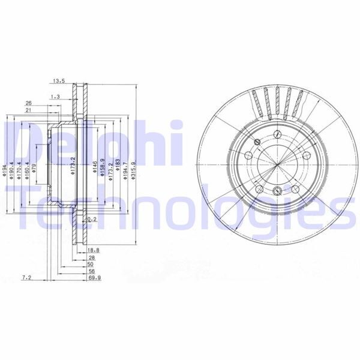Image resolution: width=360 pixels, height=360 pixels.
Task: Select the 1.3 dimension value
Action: pyautogui.click(x=56, y=96)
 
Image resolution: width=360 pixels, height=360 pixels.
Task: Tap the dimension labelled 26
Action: pyautogui.click(x=28, y=103)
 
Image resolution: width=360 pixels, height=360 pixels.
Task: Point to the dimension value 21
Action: pyautogui.click(x=28, y=110)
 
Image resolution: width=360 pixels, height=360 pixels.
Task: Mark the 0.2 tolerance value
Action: pyautogui.click(x=92, y=220)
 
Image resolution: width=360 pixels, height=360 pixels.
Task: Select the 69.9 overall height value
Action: pyautogui.click(x=95, y=279)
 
